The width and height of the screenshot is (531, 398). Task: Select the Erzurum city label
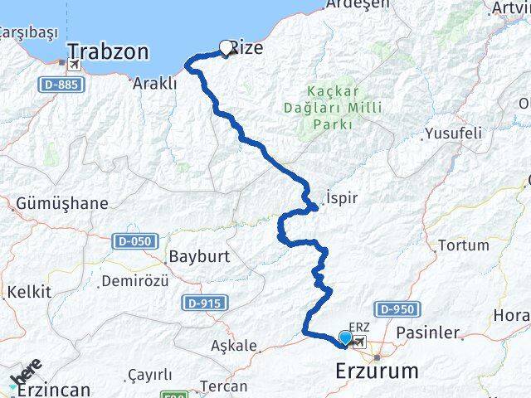[x=378, y=371]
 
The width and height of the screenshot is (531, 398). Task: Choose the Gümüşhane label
[x=62, y=203]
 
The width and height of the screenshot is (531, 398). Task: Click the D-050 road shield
[x=134, y=240]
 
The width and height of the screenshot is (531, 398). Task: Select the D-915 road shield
[x=202, y=303]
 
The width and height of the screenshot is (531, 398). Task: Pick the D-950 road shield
[x=395, y=308]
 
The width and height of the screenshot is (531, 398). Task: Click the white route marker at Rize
[x=227, y=48]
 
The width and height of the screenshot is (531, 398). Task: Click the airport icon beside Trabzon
[x=76, y=64]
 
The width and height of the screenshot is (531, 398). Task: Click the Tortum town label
[x=463, y=245]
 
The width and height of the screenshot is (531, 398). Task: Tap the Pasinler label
[x=428, y=332]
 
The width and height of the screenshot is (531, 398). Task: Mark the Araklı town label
[x=154, y=83]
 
